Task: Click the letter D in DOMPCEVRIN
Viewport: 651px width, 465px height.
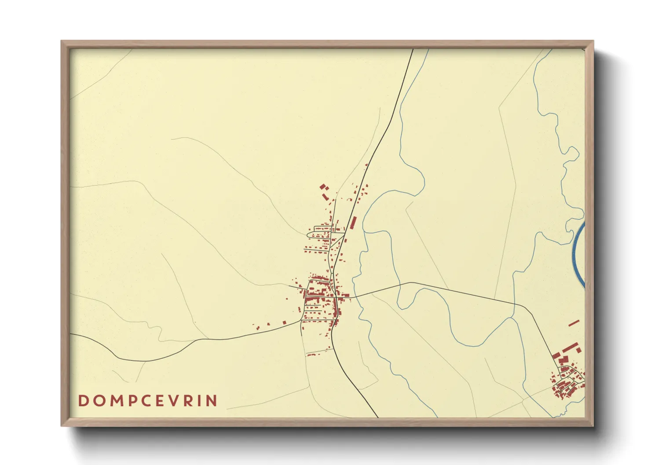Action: point(82,401)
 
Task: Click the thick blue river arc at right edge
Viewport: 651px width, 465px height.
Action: point(578,255)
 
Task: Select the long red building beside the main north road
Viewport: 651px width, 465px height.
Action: point(353,223)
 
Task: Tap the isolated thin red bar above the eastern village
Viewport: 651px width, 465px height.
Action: point(574,323)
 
